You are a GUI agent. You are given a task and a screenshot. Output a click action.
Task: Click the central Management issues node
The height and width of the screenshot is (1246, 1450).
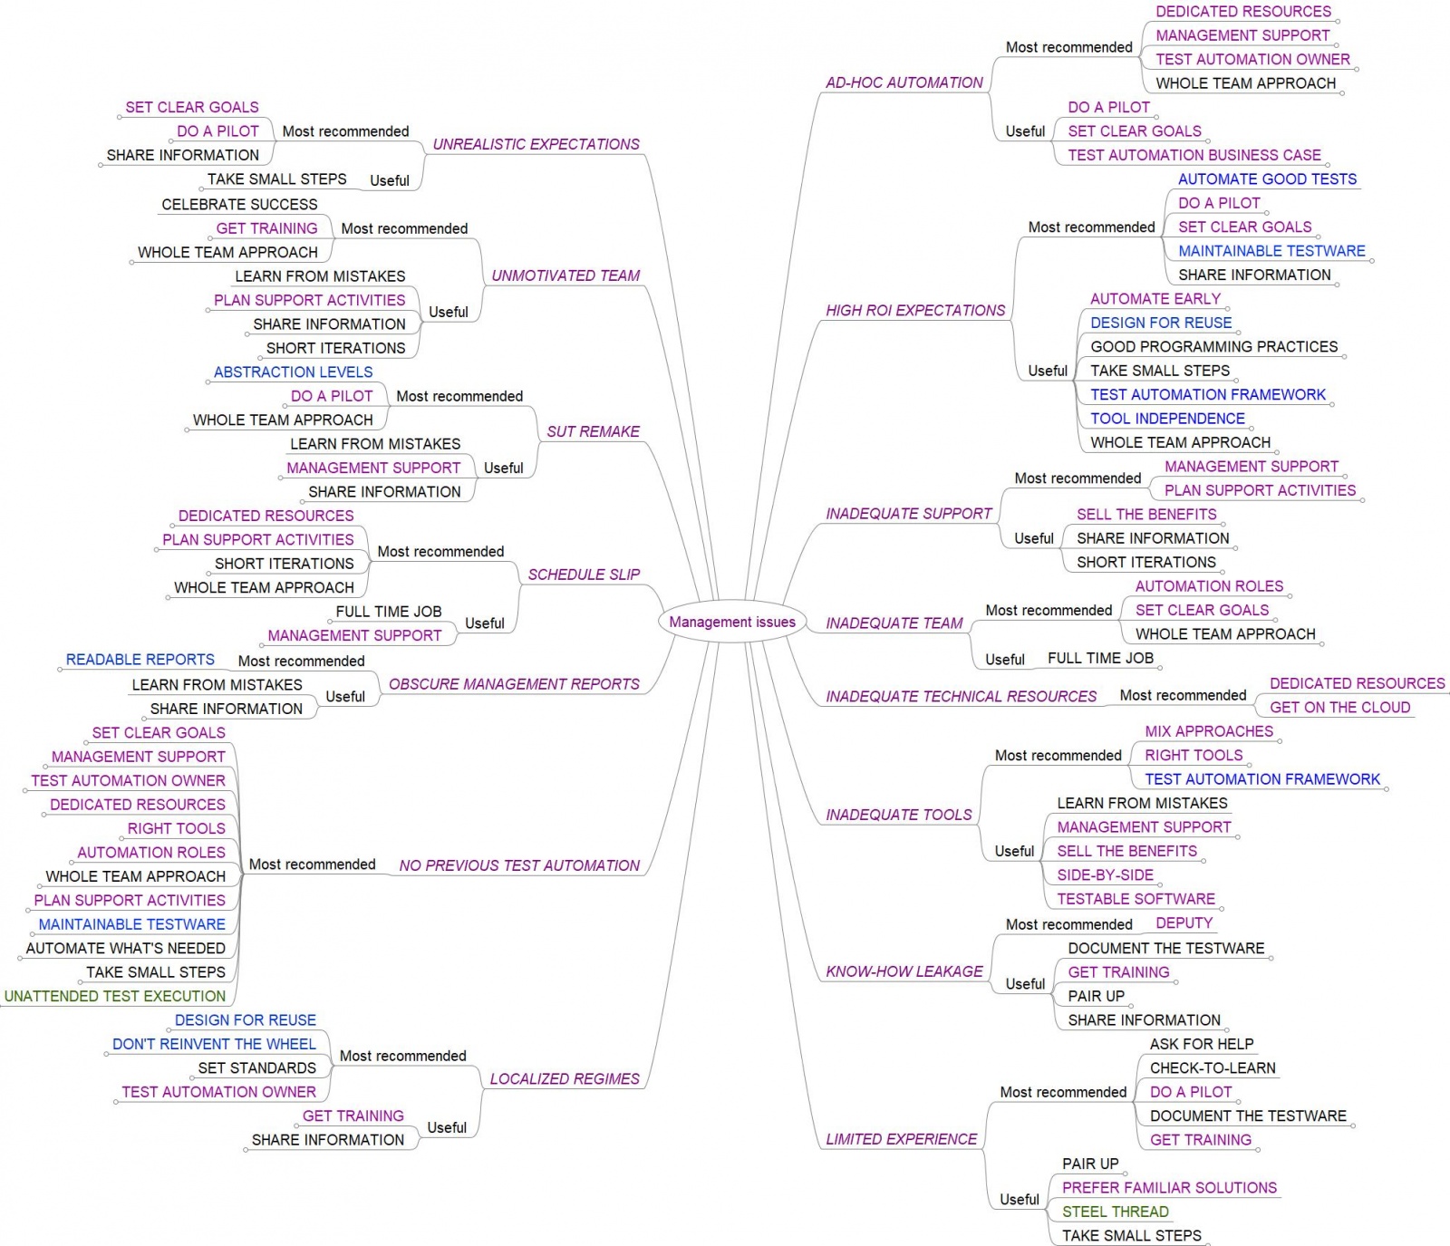point(732,622)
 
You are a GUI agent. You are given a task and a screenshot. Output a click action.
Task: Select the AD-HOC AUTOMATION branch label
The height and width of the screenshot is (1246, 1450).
point(904,82)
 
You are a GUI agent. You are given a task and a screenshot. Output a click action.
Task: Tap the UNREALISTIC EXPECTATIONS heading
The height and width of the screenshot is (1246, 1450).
point(536,144)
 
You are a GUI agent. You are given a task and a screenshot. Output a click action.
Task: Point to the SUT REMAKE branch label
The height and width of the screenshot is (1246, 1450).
point(593,431)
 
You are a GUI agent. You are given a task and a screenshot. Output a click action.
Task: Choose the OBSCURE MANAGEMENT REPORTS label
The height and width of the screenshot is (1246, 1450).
point(514,684)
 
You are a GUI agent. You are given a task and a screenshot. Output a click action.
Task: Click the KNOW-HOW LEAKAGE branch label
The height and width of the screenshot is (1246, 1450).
point(904,971)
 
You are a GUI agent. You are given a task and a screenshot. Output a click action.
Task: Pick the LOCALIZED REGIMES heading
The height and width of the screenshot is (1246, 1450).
point(565,1079)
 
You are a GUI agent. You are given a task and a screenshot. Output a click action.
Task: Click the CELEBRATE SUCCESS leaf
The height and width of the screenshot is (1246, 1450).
point(239,205)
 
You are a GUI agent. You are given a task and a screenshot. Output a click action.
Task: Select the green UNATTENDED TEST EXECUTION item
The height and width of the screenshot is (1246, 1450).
point(115,996)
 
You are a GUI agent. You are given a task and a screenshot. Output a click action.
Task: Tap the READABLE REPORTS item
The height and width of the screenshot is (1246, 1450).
point(140,660)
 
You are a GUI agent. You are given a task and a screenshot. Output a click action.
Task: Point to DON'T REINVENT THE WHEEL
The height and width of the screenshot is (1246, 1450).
point(214,1044)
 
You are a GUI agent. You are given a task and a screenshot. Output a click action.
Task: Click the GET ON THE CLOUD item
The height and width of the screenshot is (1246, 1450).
point(1339,708)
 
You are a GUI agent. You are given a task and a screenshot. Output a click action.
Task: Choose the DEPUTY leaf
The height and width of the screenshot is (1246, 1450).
point(1184,922)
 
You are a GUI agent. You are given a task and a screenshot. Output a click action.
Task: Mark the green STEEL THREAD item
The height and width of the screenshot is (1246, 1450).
point(1115,1212)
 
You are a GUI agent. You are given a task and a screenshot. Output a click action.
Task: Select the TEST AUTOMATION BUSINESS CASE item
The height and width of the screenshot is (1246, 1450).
point(1194,155)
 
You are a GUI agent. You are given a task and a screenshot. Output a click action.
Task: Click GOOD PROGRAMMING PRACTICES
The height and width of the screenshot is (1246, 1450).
point(1213,346)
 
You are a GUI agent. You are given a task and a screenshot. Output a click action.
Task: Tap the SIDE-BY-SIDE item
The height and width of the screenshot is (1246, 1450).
point(1105,875)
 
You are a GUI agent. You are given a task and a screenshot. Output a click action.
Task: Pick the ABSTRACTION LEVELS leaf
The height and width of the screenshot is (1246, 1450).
point(293,372)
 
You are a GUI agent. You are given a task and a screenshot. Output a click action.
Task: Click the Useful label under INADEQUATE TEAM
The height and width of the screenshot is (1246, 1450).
point(1004,660)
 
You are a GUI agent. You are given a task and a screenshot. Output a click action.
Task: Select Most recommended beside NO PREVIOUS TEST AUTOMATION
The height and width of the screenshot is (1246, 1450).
point(312,864)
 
